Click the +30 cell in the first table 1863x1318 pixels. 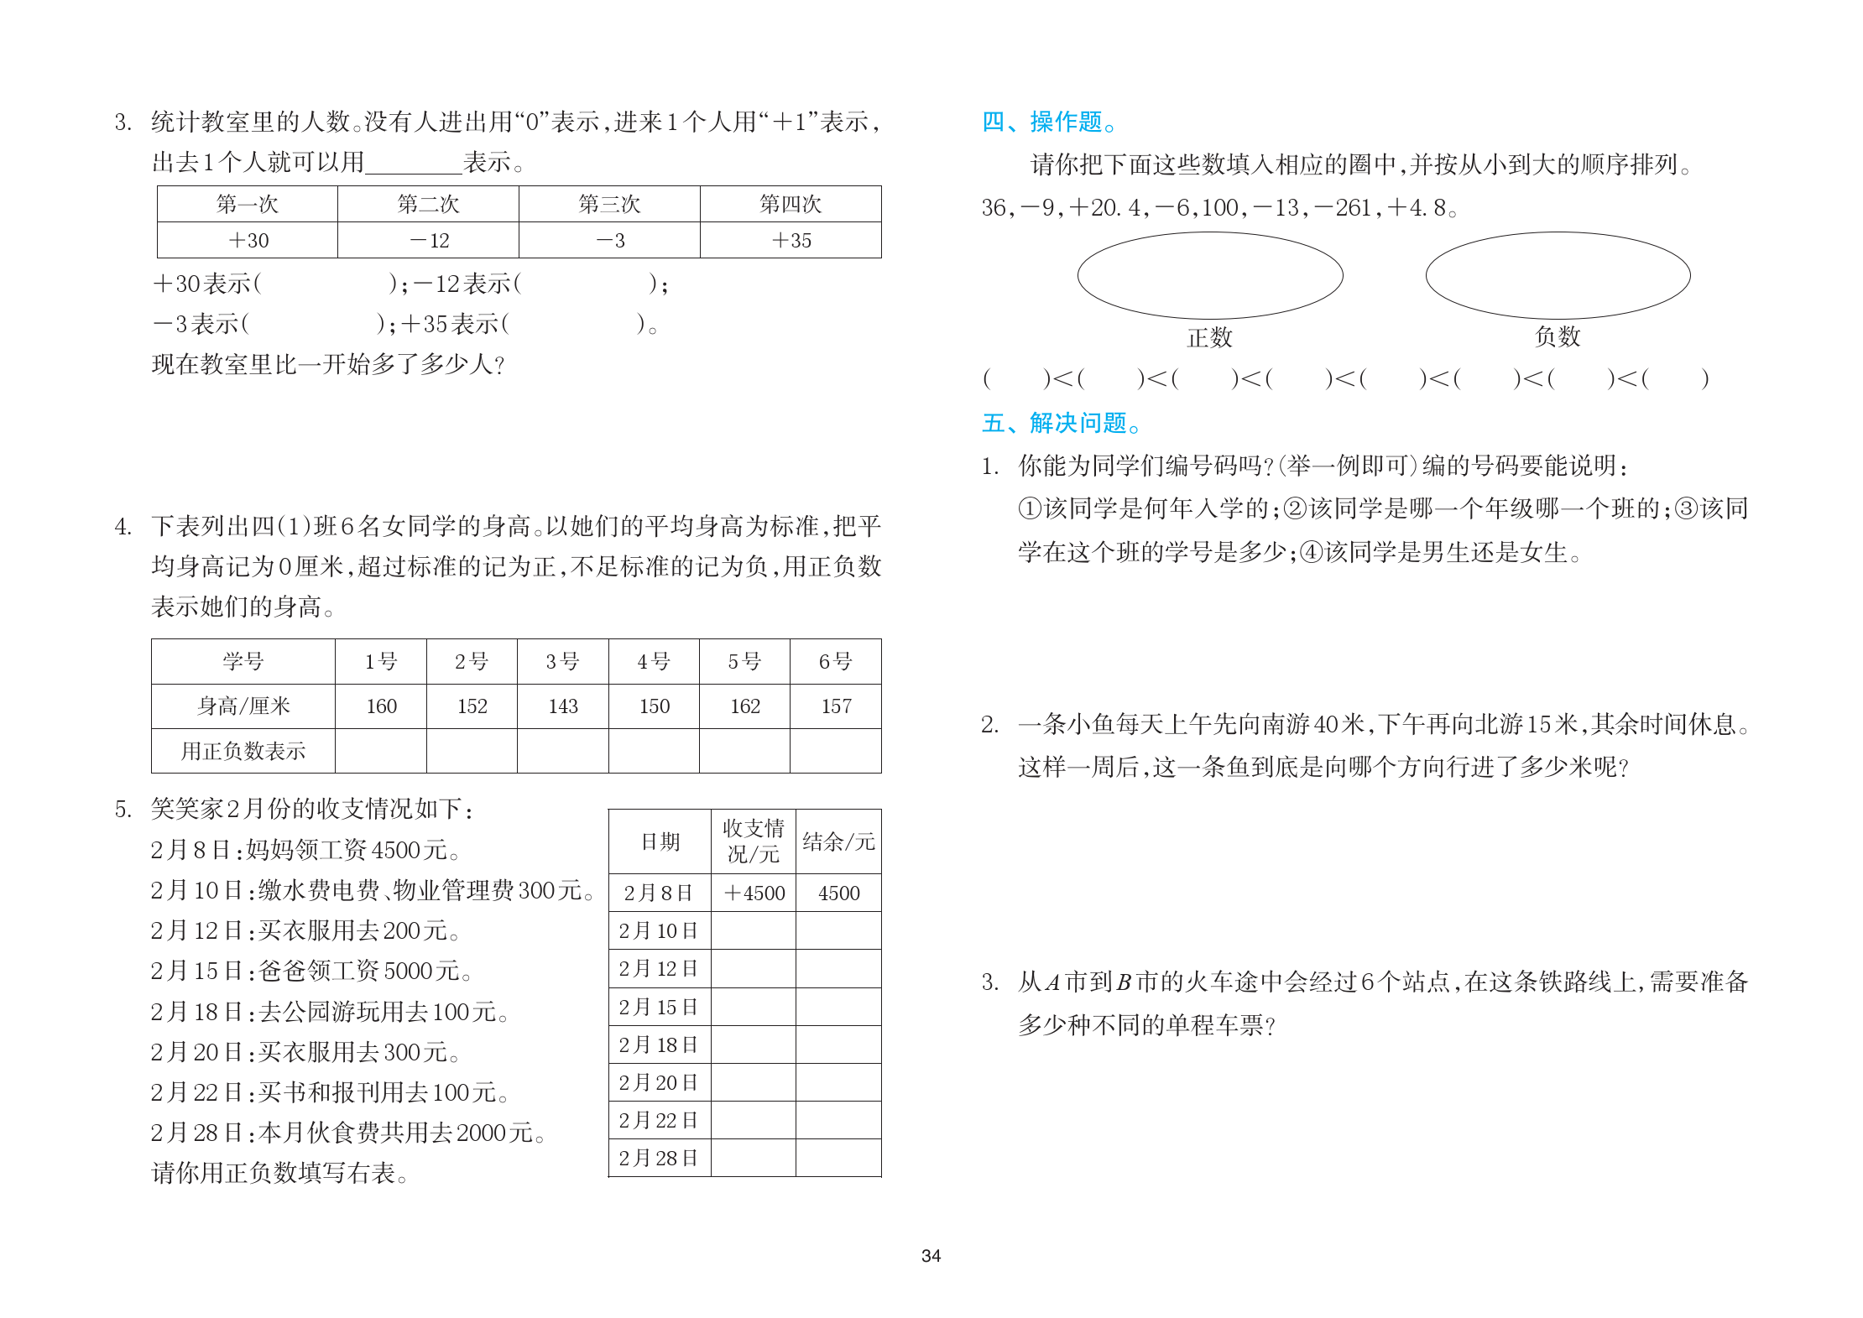[x=248, y=241]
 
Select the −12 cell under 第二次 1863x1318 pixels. [x=429, y=241]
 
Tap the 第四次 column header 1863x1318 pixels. [x=790, y=204]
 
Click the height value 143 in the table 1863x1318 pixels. [x=563, y=706]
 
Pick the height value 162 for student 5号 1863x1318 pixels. [x=744, y=706]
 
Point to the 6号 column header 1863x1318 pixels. [x=835, y=662]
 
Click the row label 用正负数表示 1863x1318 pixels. [x=243, y=751]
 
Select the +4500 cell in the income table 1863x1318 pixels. [x=754, y=893]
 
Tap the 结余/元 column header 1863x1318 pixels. [x=838, y=841]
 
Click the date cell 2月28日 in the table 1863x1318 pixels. [x=659, y=1159]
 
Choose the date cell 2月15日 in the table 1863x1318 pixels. [x=659, y=1007]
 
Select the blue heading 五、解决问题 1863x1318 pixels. [x=1061, y=423]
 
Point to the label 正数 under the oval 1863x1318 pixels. [x=1209, y=337]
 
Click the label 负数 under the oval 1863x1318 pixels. [x=1558, y=336]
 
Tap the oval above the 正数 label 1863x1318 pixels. [x=1209, y=275]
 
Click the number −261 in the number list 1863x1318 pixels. [x=1346, y=207]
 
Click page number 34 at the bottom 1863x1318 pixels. [x=931, y=1256]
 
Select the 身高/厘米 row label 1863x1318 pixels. [x=243, y=706]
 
